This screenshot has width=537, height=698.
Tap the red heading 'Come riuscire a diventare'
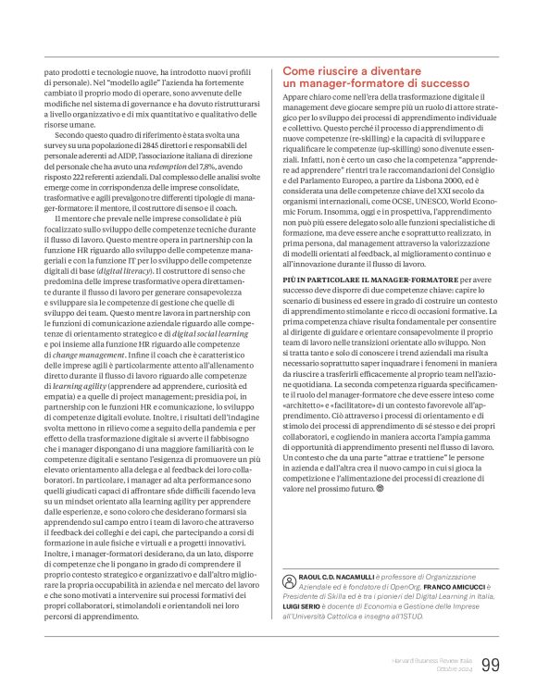click(x=353, y=70)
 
